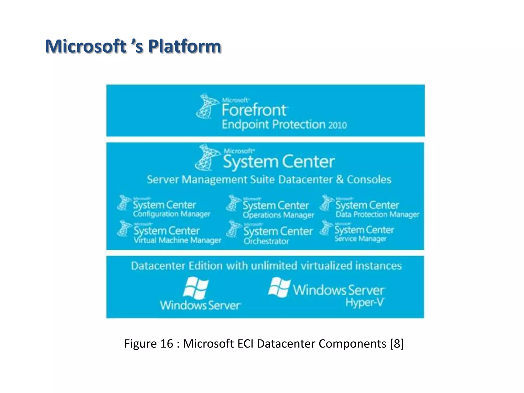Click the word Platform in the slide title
[x=184, y=46]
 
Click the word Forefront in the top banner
[x=254, y=110]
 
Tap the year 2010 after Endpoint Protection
[x=337, y=125]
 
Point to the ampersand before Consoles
[x=340, y=179]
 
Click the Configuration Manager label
[x=171, y=214]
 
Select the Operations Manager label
[x=278, y=215]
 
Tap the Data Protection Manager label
[x=377, y=214]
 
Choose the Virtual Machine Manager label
[x=177, y=240]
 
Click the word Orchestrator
[x=266, y=241]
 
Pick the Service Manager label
[x=360, y=239]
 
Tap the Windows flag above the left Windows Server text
[x=196, y=288]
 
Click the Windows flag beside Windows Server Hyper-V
[x=279, y=288]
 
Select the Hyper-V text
[x=365, y=303]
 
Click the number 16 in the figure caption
[x=167, y=344]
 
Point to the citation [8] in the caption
[x=397, y=344]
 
